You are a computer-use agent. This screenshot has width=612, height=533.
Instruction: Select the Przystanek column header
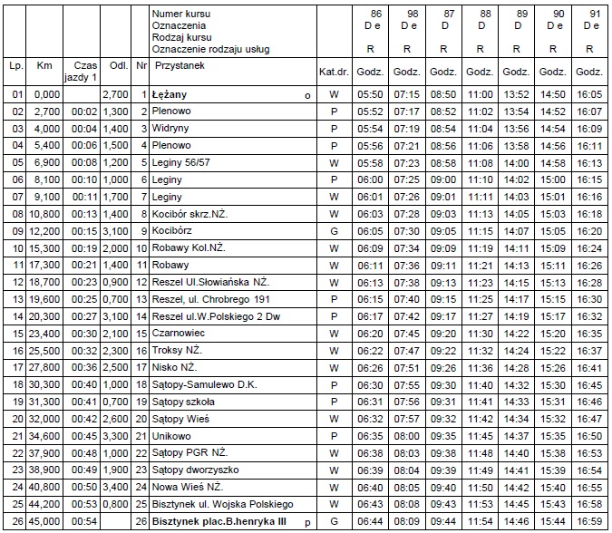point(181,66)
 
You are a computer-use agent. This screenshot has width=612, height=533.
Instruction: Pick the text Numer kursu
point(182,14)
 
